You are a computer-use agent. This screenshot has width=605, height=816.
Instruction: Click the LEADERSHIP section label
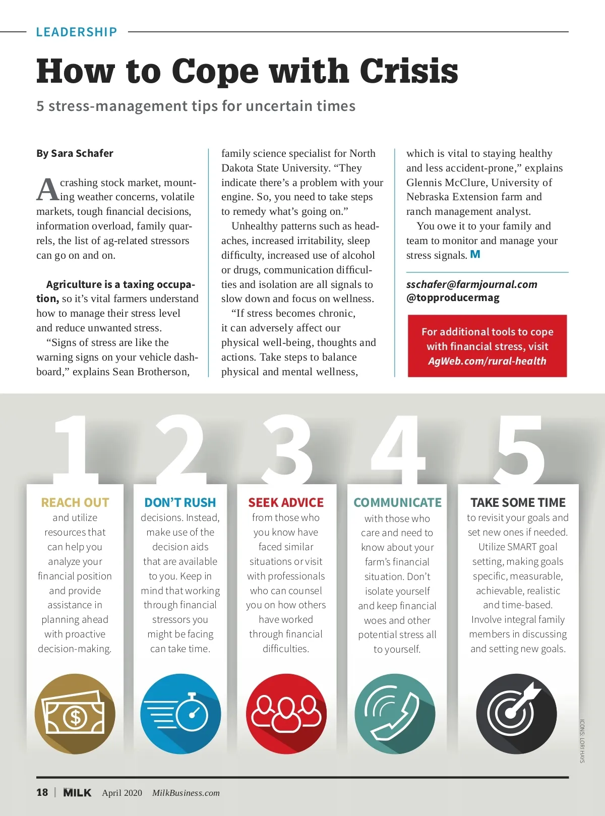pos(76,32)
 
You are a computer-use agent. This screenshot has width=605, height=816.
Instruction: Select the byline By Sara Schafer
pos(75,153)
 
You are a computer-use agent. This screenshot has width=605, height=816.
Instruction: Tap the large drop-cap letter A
pos(47,190)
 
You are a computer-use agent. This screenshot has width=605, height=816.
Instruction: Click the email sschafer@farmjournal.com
pos(472,284)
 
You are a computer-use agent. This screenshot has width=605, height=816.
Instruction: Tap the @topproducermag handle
pos(453,298)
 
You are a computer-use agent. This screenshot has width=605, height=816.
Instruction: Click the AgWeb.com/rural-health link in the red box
pos(487,361)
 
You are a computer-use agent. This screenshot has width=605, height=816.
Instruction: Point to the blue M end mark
pos(475,255)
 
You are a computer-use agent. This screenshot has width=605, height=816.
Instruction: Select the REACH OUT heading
pos(75,502)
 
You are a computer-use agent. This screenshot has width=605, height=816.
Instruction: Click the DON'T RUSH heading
pos(180,502)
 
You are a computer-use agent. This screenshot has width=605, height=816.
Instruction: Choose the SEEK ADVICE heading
pos(286,502)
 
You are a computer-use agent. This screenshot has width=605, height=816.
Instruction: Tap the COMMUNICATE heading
pos(397,502)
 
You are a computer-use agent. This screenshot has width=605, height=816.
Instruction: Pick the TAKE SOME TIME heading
pos(518,502)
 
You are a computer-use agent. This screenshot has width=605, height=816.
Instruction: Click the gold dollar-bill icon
pos(75,714)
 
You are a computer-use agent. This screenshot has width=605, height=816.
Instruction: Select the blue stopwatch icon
pos(180,714)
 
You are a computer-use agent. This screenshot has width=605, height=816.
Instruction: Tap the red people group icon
pos(286,714)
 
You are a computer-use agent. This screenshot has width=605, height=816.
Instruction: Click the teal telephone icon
pos(395,714)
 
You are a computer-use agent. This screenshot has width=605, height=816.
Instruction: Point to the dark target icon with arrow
pos(516,714)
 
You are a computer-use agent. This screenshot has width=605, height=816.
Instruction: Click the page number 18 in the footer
pos(42,792)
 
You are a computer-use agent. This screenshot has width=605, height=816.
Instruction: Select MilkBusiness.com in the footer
pos(186,793)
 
